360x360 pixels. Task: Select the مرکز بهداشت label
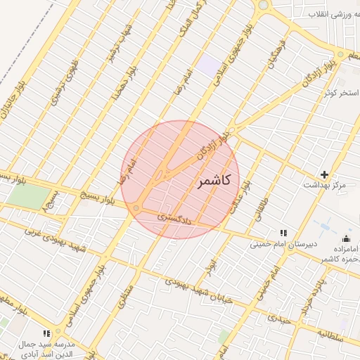point(324,185)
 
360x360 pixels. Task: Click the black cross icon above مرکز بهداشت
point(324,174)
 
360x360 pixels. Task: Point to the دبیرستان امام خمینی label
point(285,245)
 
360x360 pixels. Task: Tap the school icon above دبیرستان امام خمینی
point(283,233)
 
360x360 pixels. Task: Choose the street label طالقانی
point(265,210)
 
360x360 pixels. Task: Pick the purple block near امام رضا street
point(207,67)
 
